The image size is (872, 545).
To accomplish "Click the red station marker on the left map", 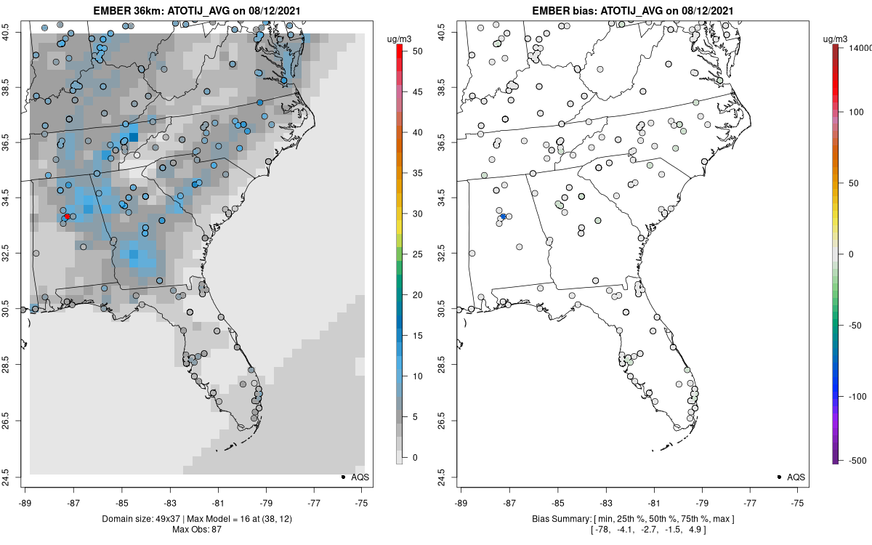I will click(67, 217).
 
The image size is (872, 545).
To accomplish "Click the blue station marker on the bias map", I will click(503, 217).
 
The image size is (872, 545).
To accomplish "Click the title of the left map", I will click(197, 11).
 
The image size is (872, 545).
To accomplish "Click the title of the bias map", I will click(633, 11).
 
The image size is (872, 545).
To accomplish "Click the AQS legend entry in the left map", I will click(354, 477).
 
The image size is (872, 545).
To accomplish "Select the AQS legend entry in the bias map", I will click(790, 477).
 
